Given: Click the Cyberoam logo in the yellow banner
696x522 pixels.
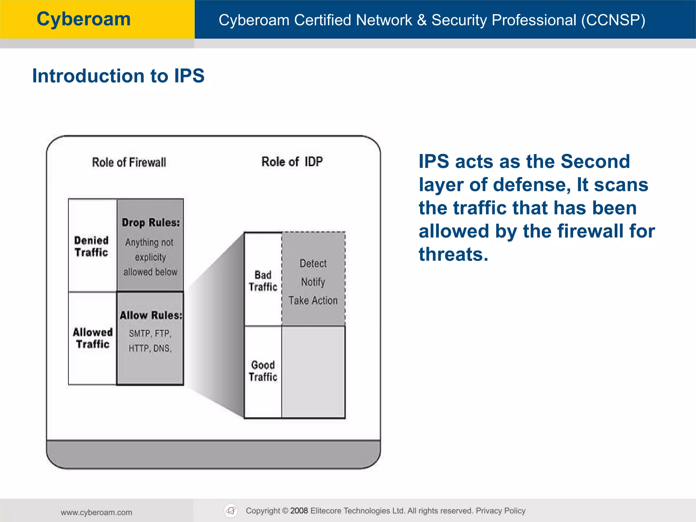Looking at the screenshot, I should pos(84,19).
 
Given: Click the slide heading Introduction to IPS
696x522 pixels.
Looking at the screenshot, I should pos(118,75).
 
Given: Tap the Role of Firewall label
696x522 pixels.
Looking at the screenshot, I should pos(129,162).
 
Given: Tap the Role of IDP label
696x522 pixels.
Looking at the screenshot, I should pos(292,162).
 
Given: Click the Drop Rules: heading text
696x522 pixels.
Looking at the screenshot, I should pos(151,223).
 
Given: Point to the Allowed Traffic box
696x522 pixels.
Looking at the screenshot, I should pos(92,338).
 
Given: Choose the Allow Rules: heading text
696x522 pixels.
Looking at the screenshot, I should pos(151,315).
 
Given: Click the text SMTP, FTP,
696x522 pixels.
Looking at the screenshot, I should pos(150,333).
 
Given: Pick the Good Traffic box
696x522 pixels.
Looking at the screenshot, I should pos(263,371).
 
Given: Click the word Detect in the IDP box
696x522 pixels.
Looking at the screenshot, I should pos(313,263).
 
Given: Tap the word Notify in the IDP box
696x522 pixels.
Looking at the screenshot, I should pos(313,282).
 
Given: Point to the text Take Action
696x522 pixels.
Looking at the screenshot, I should pos(313,300).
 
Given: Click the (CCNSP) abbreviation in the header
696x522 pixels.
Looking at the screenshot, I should pos(613,20).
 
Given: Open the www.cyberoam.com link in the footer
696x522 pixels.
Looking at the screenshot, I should pos(97,512).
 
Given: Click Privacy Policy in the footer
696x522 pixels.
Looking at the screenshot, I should pos(500,510).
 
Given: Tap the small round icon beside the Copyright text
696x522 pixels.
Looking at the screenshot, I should pos(231,510).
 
